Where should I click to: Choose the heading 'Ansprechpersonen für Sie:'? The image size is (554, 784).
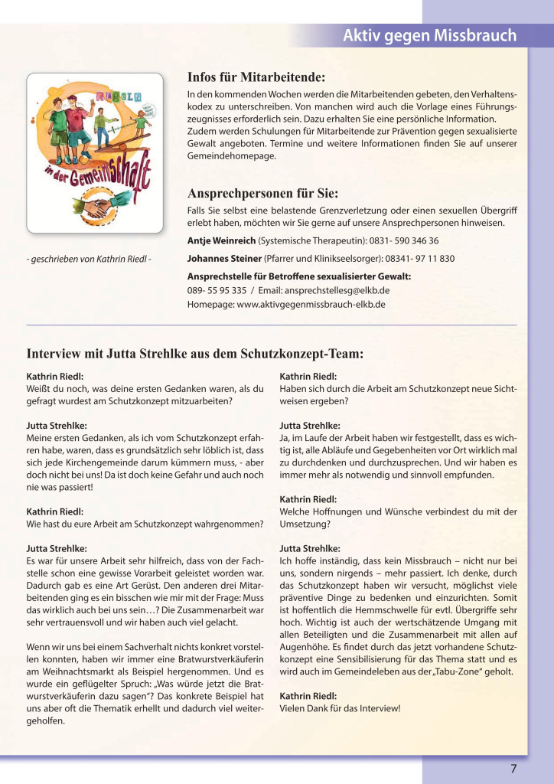tap(262, 192)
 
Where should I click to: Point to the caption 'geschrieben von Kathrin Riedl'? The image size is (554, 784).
tap(89, 259)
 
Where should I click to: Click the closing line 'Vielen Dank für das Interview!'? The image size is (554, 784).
tap(340, 708)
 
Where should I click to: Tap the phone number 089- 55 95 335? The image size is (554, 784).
tap(217, 290)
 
